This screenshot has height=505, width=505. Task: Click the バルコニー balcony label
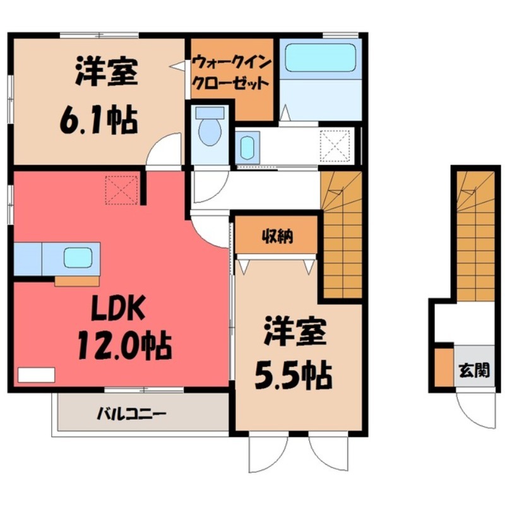click(x=131, y=415)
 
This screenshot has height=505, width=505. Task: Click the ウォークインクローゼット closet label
click(x=231, y=73)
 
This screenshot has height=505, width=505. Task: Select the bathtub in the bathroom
click(x=319, y=59)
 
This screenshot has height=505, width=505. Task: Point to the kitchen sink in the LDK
click(x=79, y=258)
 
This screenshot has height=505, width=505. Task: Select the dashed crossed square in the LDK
click(x=122, y=190)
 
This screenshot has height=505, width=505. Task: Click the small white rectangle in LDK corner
click(x=36, y=374)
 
